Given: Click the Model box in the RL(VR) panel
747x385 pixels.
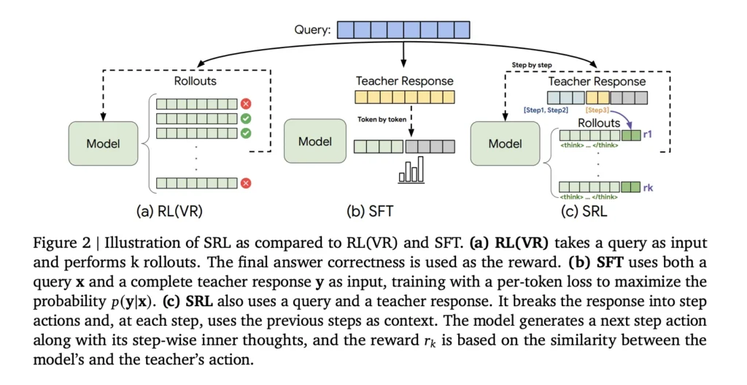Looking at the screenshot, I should pos(103,143).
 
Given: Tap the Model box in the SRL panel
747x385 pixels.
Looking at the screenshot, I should pos(505,143).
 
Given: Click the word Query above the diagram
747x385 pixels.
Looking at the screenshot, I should pos(311,30).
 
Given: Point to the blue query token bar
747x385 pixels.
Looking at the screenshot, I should pos(403,30).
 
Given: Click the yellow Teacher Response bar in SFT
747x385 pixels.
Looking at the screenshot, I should pos(404,97).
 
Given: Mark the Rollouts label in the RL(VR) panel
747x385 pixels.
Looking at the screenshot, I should pos(195,82).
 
